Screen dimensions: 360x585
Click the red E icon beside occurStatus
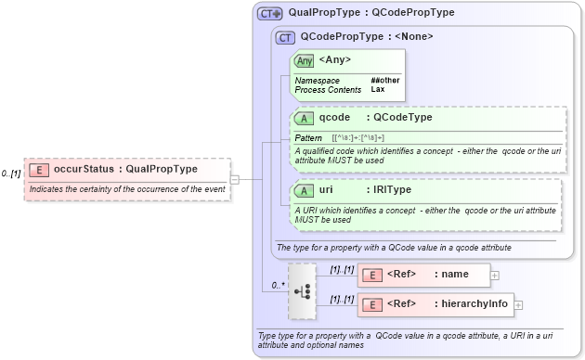(x=39, y=170)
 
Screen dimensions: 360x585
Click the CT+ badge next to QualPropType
(x=270, y=13)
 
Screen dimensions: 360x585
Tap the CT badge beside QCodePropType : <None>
(x=286, y=37)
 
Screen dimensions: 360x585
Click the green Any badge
(x=304, y=61)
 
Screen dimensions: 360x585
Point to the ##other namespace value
(x=385, y=81)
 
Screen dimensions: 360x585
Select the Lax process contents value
(x=378, y=90)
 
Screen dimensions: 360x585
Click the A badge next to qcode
(x=304, y=118)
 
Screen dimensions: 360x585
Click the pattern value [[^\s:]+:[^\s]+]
(x=358, y=137)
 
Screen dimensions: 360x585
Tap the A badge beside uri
(x=304, y=190)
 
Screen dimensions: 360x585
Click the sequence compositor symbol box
(x=303, y=289)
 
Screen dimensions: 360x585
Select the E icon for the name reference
(x=371, y=276)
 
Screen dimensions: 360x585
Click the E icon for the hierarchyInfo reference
(x=371, y=305)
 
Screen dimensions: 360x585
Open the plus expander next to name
(x=495, y=276)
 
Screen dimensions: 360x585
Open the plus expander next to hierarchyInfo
(x=519, y=305)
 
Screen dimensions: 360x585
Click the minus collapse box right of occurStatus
(x=235, y=179)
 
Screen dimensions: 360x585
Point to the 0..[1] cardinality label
(x=11, y=174)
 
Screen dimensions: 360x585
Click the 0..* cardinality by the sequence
(x=278, y=285)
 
